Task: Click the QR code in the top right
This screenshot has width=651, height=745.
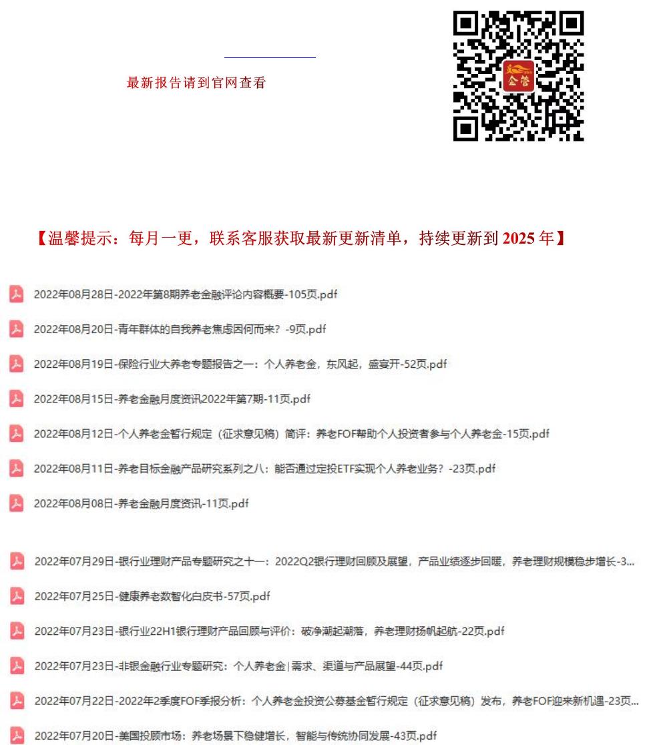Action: pos(518,75)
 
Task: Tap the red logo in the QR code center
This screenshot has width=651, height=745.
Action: pos(518,75)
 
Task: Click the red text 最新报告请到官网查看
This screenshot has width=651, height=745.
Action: pos(196,83)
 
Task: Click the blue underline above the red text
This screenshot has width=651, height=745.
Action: pos(270,58)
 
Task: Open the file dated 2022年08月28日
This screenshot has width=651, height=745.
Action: pos(186,294)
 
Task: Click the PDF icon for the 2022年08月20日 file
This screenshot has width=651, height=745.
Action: pos(17,329)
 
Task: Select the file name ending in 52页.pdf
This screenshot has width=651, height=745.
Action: pos(240,364)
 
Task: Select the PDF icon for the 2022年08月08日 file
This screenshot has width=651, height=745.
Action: pos(17,503)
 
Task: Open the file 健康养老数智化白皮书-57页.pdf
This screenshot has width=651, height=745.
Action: pos(152,596)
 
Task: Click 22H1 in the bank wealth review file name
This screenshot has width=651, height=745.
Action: pos(169,631)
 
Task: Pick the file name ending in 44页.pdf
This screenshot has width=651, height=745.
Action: pos(238,666)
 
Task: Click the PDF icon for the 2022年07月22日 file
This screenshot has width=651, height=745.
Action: pos(17,701)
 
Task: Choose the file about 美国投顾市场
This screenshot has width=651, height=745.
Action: pos(236,736)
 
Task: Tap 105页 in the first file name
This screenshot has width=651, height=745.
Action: pos(304,294)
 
